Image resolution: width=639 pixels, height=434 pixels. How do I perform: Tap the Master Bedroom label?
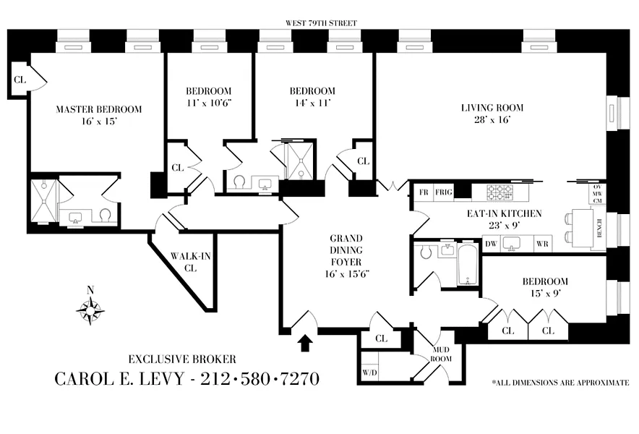[99, 109]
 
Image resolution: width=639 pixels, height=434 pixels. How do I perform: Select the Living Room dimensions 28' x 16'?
[492, 120]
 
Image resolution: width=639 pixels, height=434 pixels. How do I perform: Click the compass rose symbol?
[90, 310]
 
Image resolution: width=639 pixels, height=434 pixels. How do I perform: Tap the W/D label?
[369, 374]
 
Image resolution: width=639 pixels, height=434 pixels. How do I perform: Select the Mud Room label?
[441, 354]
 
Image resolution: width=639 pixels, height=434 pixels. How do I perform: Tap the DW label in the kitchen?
[492, 244]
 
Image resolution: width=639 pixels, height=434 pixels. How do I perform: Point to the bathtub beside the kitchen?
[468, 264]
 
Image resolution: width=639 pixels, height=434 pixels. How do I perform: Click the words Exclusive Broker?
[182, 359]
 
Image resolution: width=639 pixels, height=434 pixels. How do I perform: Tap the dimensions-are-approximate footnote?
[559, 382]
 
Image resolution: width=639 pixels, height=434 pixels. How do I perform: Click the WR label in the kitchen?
[542, 244]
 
